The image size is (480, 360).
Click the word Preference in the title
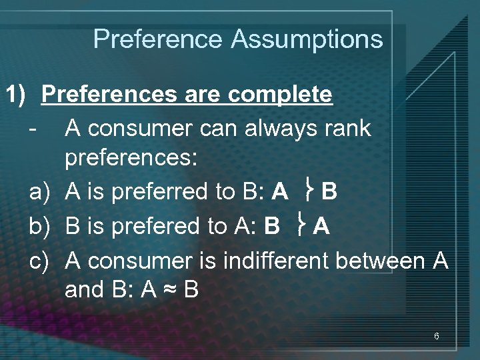[159, 39]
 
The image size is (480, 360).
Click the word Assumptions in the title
[307, 39]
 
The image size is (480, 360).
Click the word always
[278, 127]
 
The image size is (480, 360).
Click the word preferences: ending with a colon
[131, 160]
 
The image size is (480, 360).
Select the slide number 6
[436, 337]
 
